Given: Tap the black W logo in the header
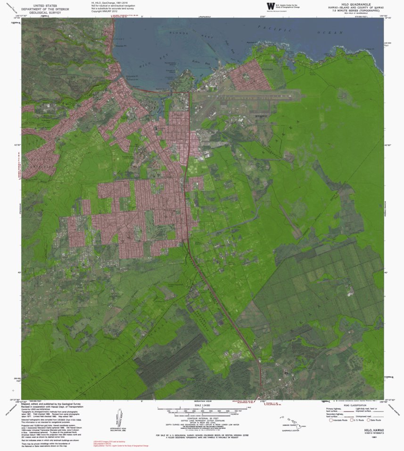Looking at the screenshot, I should click(x=270, y=6).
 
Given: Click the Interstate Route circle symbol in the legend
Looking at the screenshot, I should click(x=330, y=420).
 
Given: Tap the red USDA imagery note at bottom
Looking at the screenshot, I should click(x=108, y=441).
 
